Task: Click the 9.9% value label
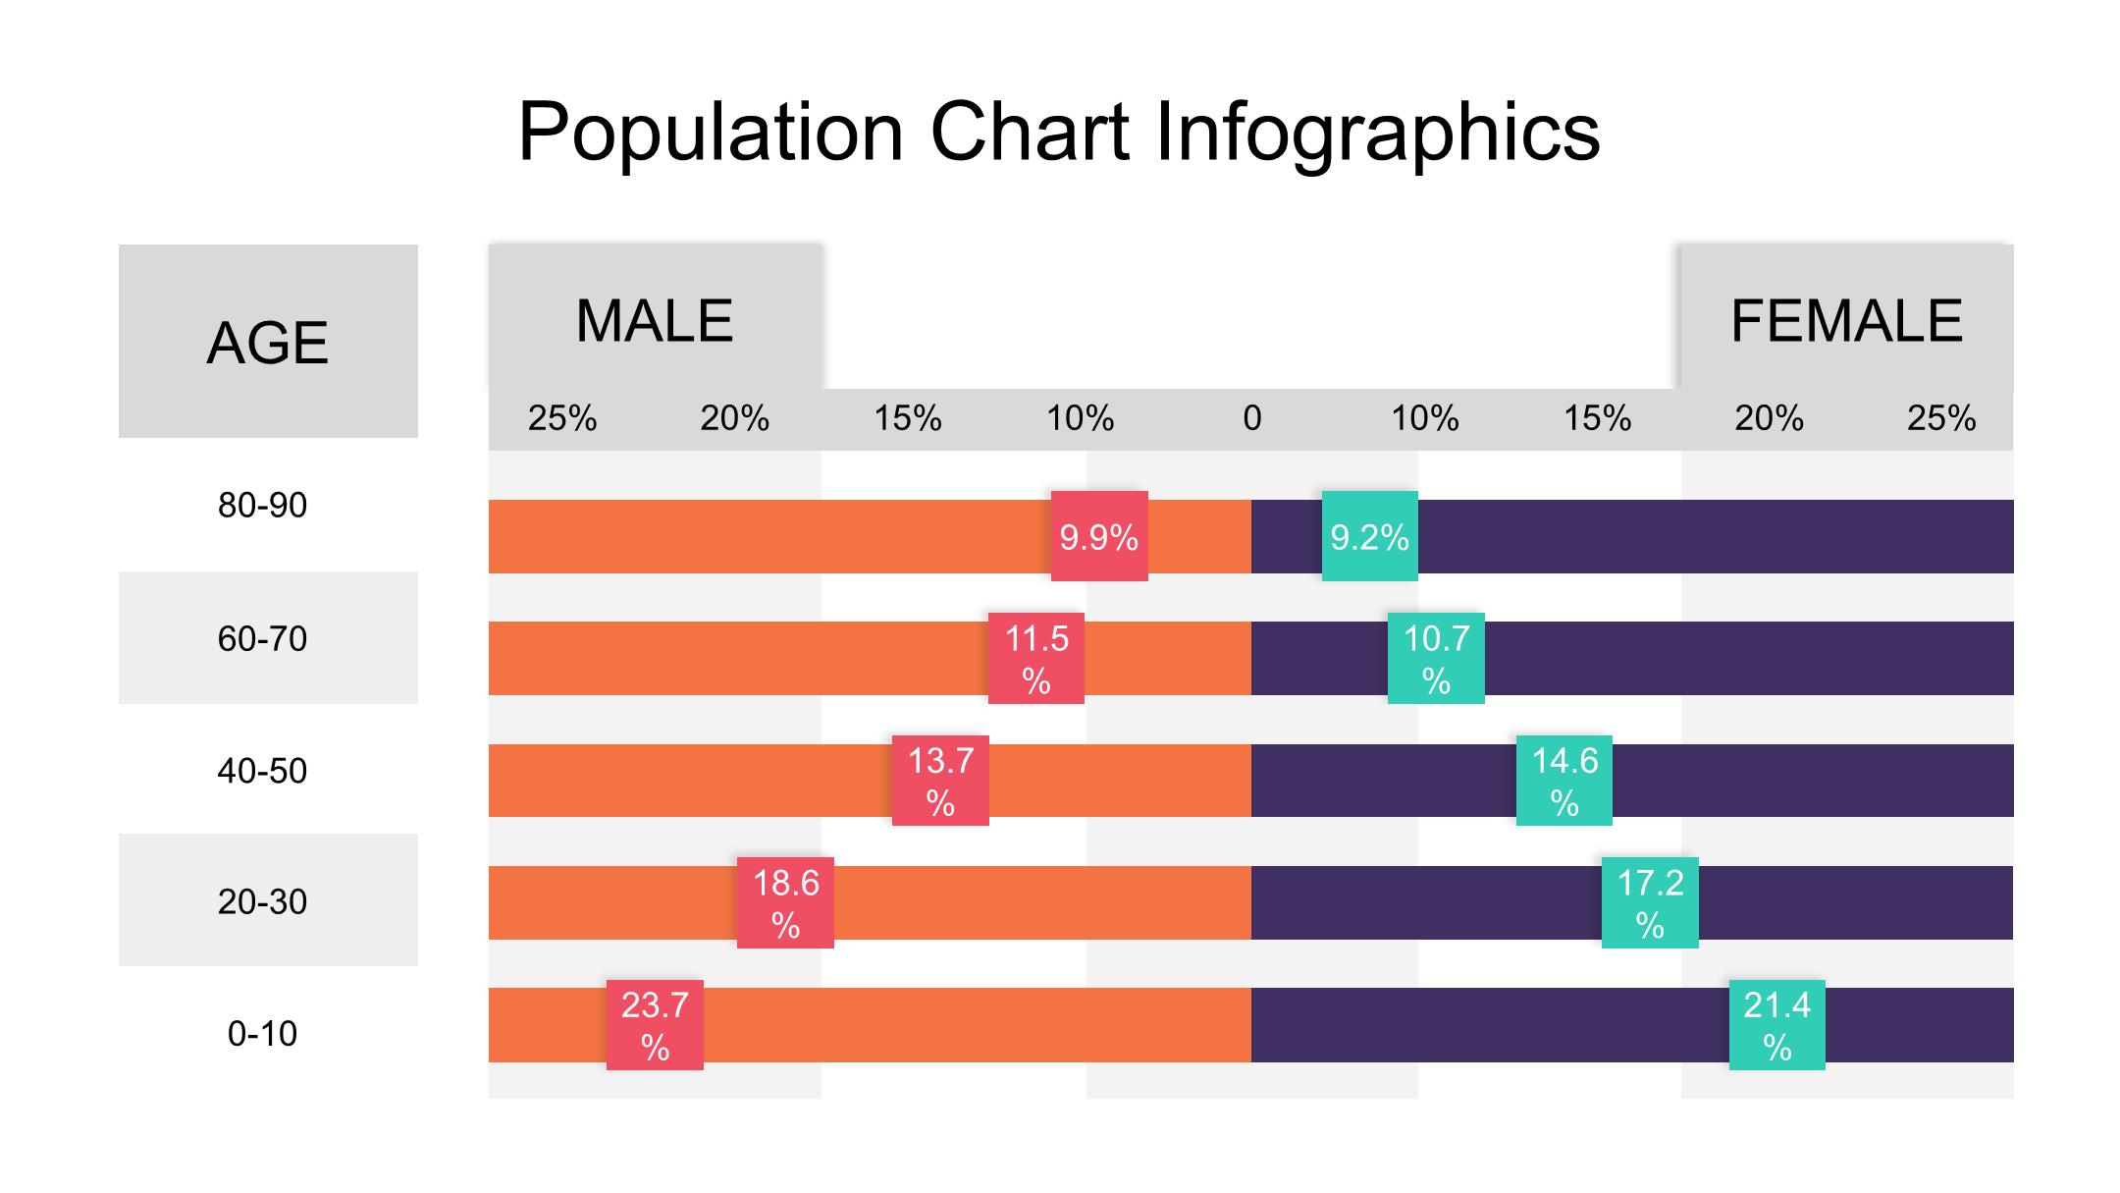click(1098, 536)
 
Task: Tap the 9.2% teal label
click(1369, 536)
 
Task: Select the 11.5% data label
click(1035, 658)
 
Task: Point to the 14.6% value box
click(1563, 781)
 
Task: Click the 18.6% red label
click(785, 902)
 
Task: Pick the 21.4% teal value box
click(1776, 1025)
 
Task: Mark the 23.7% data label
click(655, 1025)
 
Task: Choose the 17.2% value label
click(1649, 902)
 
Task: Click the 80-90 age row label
click(262, 506)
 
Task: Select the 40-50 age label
click(262, 771)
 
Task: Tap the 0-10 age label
click(262, 1034)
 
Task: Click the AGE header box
click(268, 342)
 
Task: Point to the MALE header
click(655, 320)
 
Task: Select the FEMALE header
click(1846, 320)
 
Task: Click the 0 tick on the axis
click(1251, 419)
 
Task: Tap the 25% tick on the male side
click(562, 419)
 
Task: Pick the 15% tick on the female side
click(1597, 419)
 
